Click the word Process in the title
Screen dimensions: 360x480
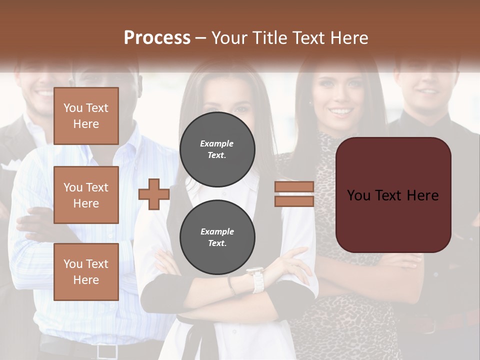coord(157,37)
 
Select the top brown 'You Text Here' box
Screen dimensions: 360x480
coord(86,116)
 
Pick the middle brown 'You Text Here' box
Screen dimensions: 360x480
coord(86,195)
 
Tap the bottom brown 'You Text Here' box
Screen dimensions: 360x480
coord(86,272)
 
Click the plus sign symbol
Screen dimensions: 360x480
coord(154,194)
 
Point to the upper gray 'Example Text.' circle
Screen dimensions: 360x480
coord(217,149)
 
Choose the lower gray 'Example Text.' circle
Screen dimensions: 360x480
coord(217,237)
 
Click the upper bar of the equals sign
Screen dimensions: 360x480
coord(294,187)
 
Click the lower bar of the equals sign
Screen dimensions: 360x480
coord(294,201)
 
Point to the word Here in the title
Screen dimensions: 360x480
coord(349,37)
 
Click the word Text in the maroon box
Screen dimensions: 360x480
coord(392,195)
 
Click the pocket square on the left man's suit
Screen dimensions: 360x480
coord(9,165)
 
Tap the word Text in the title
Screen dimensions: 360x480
coord(308,37)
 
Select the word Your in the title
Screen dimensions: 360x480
coord(229,37)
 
